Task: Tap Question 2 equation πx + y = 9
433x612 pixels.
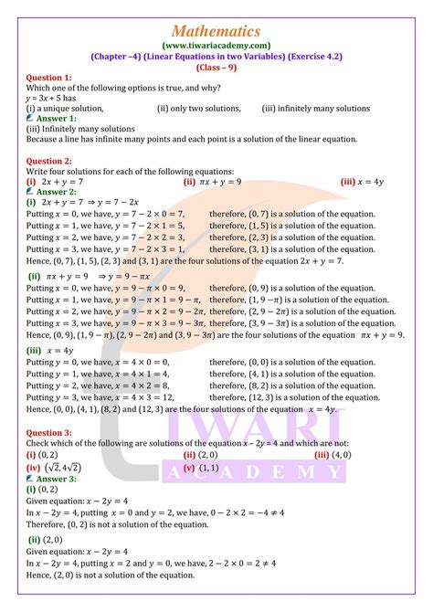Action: [218, 182]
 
